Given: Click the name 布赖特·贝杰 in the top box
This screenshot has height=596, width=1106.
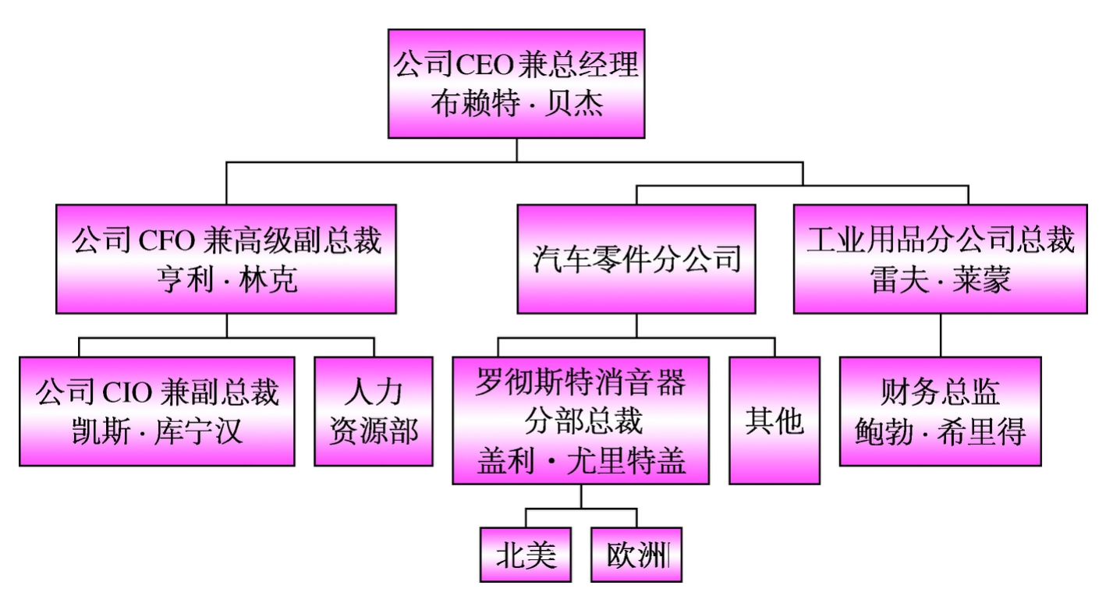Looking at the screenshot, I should (516, 102).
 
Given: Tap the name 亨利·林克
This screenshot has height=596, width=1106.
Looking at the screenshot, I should (226, 280).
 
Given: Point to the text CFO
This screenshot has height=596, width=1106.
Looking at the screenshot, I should (170, 241).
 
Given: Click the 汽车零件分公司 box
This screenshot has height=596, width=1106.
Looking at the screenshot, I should (636, 259).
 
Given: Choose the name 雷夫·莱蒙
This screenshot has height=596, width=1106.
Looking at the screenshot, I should (940, 280).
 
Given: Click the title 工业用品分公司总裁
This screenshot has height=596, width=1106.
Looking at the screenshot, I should (940, 241).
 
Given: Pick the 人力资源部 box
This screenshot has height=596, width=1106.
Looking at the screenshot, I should (374, 411).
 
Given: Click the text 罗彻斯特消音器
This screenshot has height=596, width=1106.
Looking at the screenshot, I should (580, 384).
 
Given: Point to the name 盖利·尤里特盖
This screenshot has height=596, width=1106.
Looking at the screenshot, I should (580, 462).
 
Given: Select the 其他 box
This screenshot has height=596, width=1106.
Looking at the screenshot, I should (775, 421).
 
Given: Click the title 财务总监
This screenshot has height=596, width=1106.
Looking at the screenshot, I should (940, 392).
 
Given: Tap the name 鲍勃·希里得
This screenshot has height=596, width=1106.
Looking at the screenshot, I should (940, 431).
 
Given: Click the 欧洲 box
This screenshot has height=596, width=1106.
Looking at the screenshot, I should (636, 555).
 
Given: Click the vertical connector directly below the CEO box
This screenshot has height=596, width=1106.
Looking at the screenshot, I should (516, 150).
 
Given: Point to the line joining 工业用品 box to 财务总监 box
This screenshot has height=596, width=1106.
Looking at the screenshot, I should (940, 335).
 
